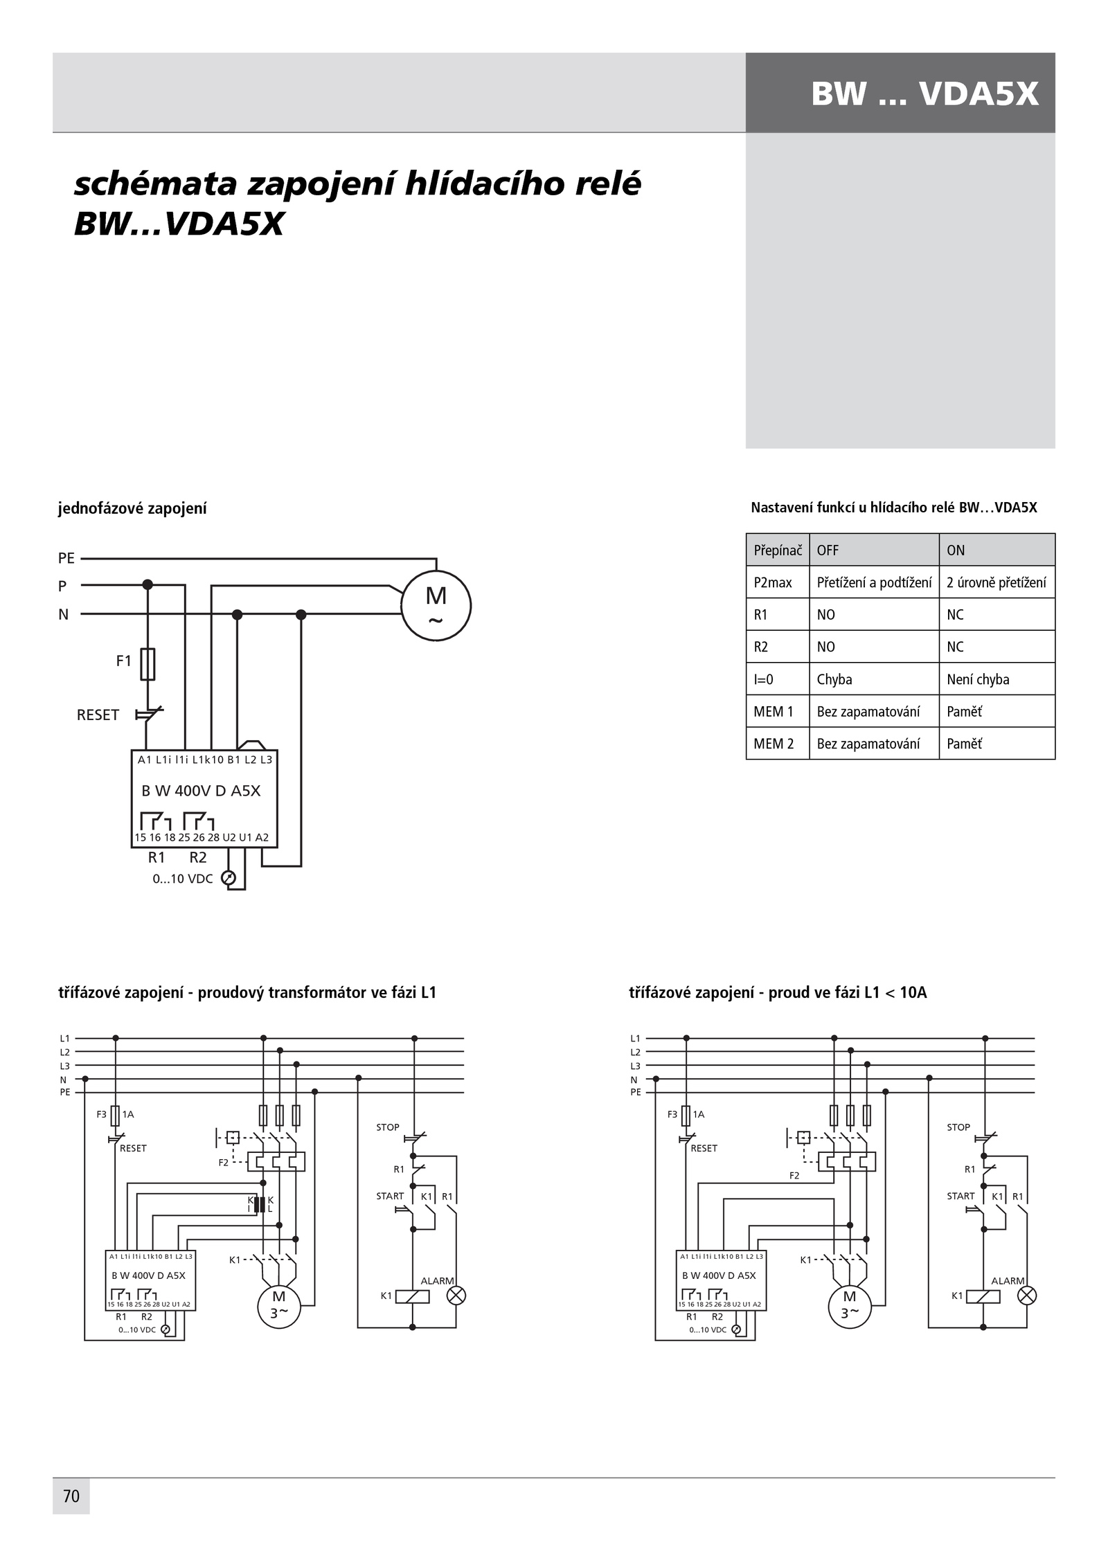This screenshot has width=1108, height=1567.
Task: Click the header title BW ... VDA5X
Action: tap(925, 93)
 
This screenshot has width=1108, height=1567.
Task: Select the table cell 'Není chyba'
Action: tap(978, 679)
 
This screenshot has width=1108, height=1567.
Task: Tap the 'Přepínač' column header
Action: tap(778, 550)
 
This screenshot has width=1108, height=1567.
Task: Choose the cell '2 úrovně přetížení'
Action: tap(997, 583)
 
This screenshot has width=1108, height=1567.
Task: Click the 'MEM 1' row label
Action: tap(774, 712)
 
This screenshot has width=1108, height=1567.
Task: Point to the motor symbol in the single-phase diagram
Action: tap(436, 606)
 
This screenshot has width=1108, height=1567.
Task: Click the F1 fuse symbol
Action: tap(148, 664)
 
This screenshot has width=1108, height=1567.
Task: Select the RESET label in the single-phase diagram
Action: tap(98, 715)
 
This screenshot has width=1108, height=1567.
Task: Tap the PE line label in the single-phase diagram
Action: tap(66, 558)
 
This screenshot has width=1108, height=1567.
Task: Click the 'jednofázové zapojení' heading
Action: tap(132, 509)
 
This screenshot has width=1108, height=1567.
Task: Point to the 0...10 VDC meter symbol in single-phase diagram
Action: tap(228, 878)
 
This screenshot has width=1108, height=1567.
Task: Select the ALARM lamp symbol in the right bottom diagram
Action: tap(1027, 1296)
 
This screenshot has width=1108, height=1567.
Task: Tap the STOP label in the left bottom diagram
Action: tap(388, 1127)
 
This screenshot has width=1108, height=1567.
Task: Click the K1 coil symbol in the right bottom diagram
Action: tap(983, 1296)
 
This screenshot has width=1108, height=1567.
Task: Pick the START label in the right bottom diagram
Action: tap(960, 1196)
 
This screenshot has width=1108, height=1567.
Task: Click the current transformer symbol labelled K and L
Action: tap(260, 1204)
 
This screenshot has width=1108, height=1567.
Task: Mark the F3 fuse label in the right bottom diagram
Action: tap(672, 1114)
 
